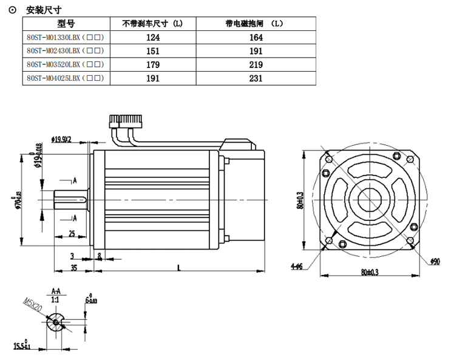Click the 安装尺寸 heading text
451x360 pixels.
pos(44,10)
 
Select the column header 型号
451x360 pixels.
pos(66,24)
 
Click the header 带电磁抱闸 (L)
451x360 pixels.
pos(253,24)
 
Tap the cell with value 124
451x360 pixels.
pos(152,38)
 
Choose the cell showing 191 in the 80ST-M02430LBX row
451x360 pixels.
pos(253,51)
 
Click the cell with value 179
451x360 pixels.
pos(152,64)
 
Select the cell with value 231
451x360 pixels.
pos(253,78)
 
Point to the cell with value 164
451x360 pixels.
pos(253,38)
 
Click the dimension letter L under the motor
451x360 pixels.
pos(178,267)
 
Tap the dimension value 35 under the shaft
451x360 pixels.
pos(73,267)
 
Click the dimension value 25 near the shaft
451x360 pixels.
pos(72,234)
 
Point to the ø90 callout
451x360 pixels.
pos(434,261)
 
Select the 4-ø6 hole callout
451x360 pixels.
pos(297,266)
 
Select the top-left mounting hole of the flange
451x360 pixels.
pos(328,160)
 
